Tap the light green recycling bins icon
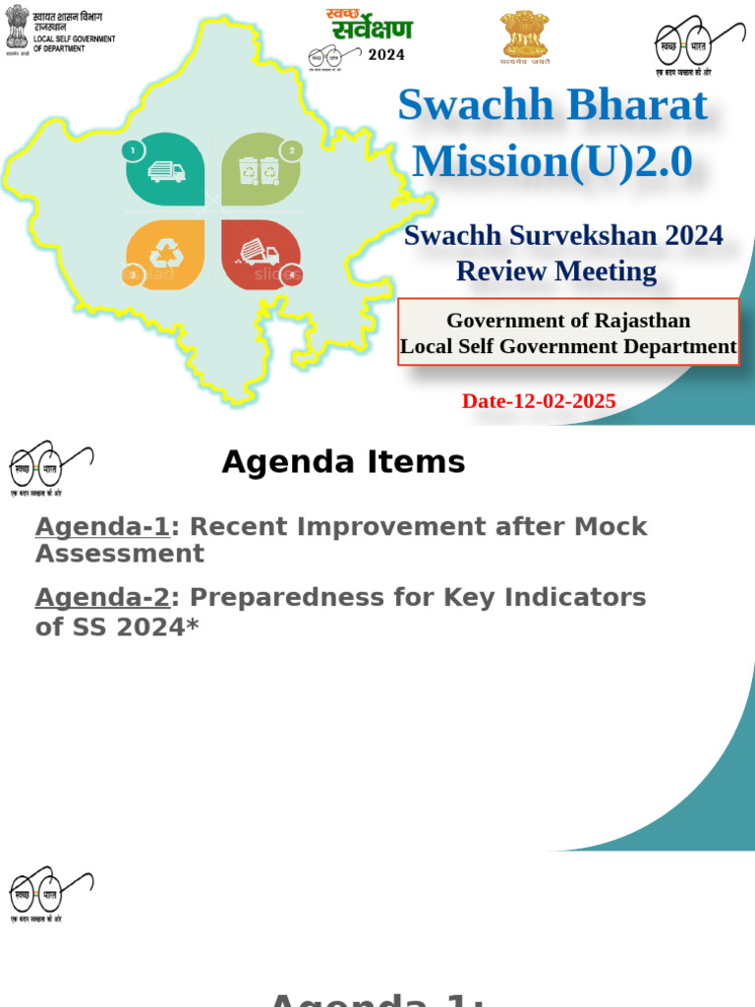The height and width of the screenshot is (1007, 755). [259, 171]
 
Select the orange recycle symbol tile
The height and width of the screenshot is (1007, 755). [164, 255]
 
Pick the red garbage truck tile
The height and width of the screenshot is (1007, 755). [259, 255]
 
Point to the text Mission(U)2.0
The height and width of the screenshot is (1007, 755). [552, 161]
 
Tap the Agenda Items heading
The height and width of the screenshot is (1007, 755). [343, 462]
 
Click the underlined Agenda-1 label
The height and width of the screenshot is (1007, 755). [102, 526]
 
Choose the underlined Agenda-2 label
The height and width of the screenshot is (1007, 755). [102, 597]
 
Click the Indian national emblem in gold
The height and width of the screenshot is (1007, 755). [524, 35]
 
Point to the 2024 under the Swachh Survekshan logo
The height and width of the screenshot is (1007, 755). [386, 55]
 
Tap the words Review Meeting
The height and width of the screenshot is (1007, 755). [556, 270]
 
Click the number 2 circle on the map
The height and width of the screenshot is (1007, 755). [291, 150]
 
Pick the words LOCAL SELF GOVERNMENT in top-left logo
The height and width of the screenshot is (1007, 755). [75, 39]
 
